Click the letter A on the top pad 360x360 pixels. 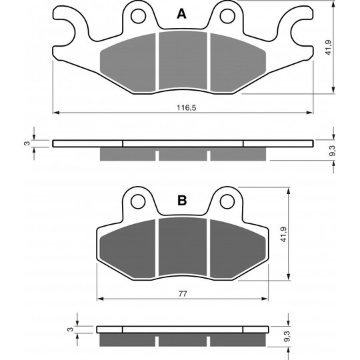[x=181, y=14]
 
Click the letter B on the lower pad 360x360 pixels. [x=182, y=201]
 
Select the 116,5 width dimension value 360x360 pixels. [x=187, y=107]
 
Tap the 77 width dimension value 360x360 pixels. [x=183, y=293]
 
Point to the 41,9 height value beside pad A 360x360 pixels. [x=328, y=47]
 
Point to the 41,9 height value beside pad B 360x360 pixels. [x=284, y=234]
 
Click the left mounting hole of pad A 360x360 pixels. [x=138, y=16]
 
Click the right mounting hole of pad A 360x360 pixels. [x=227, y=16]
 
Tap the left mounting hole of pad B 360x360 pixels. [x=138, y=201]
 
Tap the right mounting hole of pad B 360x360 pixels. [x=227, y=201]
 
